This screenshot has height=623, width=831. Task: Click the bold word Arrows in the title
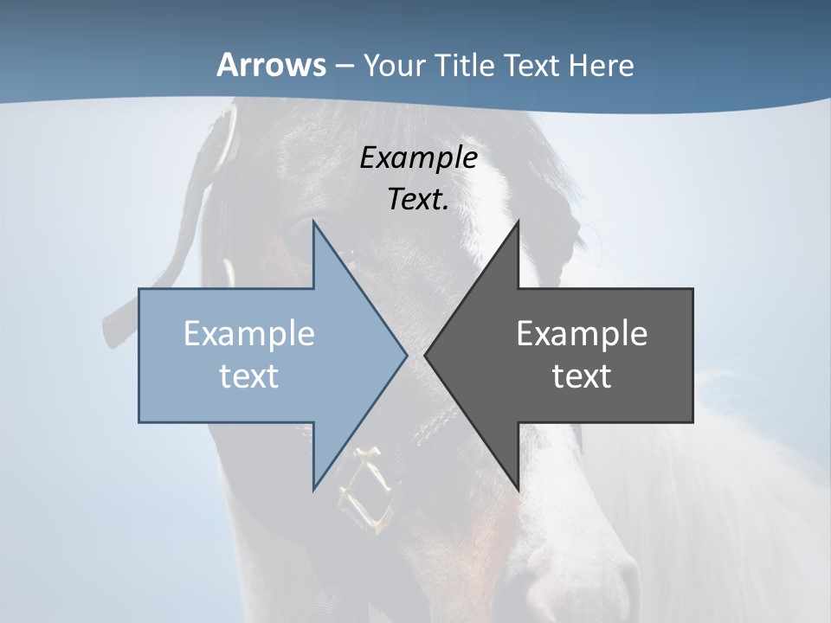point(271,65)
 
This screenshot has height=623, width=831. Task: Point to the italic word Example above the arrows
point(419,158)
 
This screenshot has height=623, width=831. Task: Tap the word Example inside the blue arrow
point(249,334)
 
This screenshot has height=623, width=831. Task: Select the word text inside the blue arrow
point(249,376)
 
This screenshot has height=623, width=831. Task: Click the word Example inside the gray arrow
point(582,334)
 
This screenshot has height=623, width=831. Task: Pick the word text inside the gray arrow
point(582,376)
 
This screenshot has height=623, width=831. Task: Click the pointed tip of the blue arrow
point(406,355)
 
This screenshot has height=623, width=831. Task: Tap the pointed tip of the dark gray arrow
point(426,355)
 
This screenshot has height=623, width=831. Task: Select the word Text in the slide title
point(531,66)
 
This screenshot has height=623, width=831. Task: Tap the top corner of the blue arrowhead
point(314,222)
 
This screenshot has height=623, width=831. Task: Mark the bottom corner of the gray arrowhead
point(518,488)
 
